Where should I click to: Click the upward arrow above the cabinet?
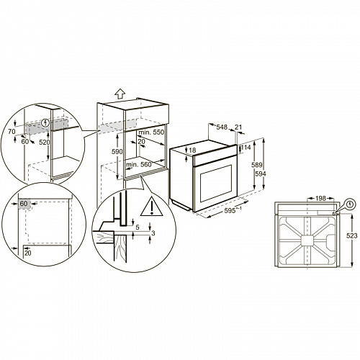coord(120,92)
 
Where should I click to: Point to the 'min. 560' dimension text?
coord(139,165)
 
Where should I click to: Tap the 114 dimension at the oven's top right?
coord(245,148)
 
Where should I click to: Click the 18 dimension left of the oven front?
coord(192,150)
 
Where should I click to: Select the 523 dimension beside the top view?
coord(351,235)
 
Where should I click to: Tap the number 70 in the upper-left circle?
coord(10,132)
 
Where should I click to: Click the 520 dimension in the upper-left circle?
coord(45,143)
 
